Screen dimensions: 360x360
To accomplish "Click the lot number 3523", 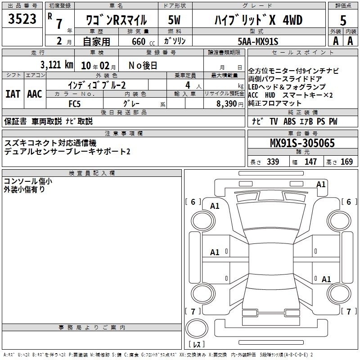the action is (22, 19).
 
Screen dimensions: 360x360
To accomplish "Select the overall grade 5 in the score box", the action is (343, 20).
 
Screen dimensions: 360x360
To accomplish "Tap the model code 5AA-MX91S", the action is (258, 41).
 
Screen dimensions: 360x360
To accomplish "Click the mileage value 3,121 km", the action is (57, 65).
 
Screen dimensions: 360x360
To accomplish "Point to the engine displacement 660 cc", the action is (143, 41).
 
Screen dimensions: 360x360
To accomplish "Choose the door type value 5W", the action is (174, 20).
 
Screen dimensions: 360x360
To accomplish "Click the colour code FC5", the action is (74, 104).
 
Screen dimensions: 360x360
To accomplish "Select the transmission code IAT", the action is (13, 94).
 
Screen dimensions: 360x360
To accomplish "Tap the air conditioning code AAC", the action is (35, 94).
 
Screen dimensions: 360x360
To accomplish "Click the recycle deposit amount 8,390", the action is (226, 103).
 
